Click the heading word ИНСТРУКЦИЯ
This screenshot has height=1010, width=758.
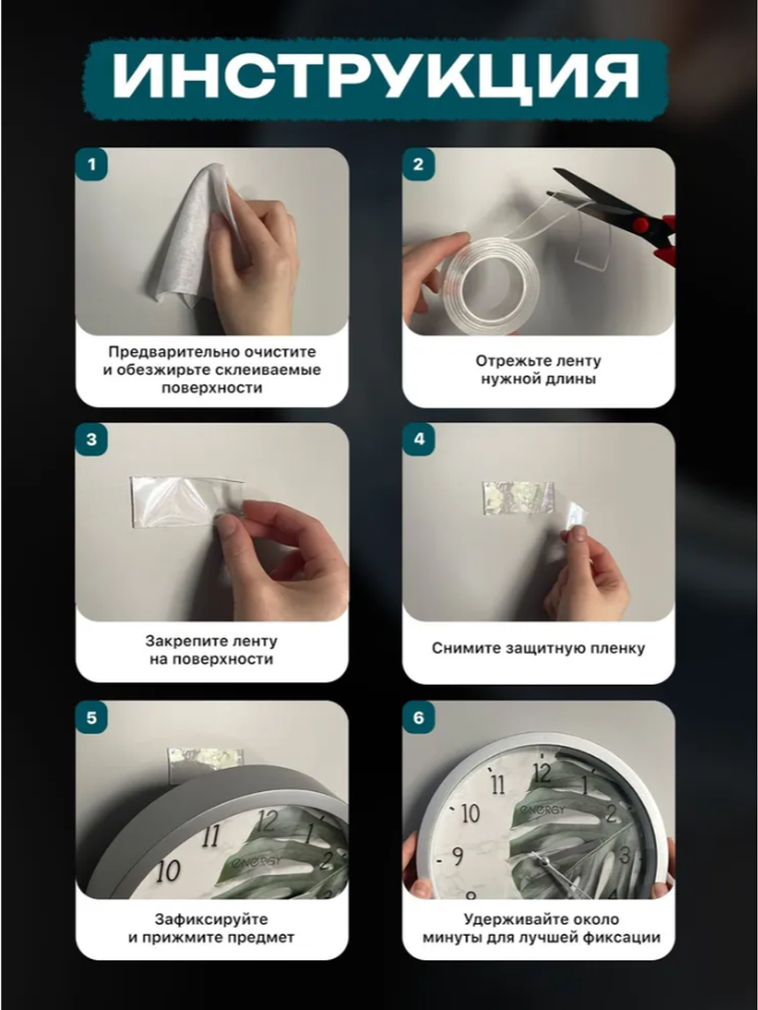click(376, 77)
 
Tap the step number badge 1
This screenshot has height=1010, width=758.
click(92, 164)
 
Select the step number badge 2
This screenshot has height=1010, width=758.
click(418, 164)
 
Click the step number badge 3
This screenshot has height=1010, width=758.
click(92, 439)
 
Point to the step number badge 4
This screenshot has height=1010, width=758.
click(418, 439)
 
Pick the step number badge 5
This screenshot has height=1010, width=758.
click(92, 718)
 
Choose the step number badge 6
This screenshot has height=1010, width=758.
click(418, 718)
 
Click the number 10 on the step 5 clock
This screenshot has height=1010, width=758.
click(168, 871)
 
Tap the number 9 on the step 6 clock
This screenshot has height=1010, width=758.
click(457, 856)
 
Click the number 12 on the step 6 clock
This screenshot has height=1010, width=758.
click(541, 773)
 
